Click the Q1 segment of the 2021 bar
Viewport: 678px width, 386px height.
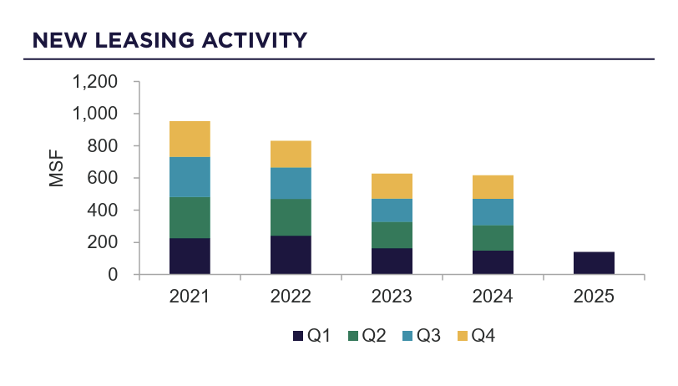click(x=190, y=256)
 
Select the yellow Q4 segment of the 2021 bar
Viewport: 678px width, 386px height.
click(x=190, y=139)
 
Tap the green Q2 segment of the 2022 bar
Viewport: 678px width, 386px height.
click(x=291, y=217)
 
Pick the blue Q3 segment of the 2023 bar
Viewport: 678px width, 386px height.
click(x=392, y=211)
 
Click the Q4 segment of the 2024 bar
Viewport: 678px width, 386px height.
click(x=493, y=187)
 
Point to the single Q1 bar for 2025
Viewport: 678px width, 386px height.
click(x=594, y=263)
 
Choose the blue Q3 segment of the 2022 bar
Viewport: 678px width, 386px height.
click(x=291, y=183)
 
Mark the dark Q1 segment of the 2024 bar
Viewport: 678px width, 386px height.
click(x=493, y=262)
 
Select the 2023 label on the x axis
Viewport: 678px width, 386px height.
click(x=392, y=297)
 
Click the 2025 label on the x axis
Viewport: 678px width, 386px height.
click(x=594, y=297)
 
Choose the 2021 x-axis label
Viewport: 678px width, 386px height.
click(x=190, y=297)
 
